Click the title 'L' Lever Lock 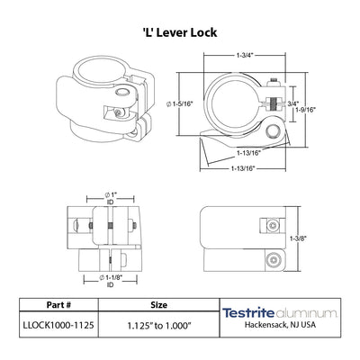180,32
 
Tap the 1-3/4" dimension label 245,55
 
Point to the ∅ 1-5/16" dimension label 179,104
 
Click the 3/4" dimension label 293,103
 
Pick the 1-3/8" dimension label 298,238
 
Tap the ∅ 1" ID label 111,198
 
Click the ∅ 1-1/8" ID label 111,281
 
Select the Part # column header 58,305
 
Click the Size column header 159,305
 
